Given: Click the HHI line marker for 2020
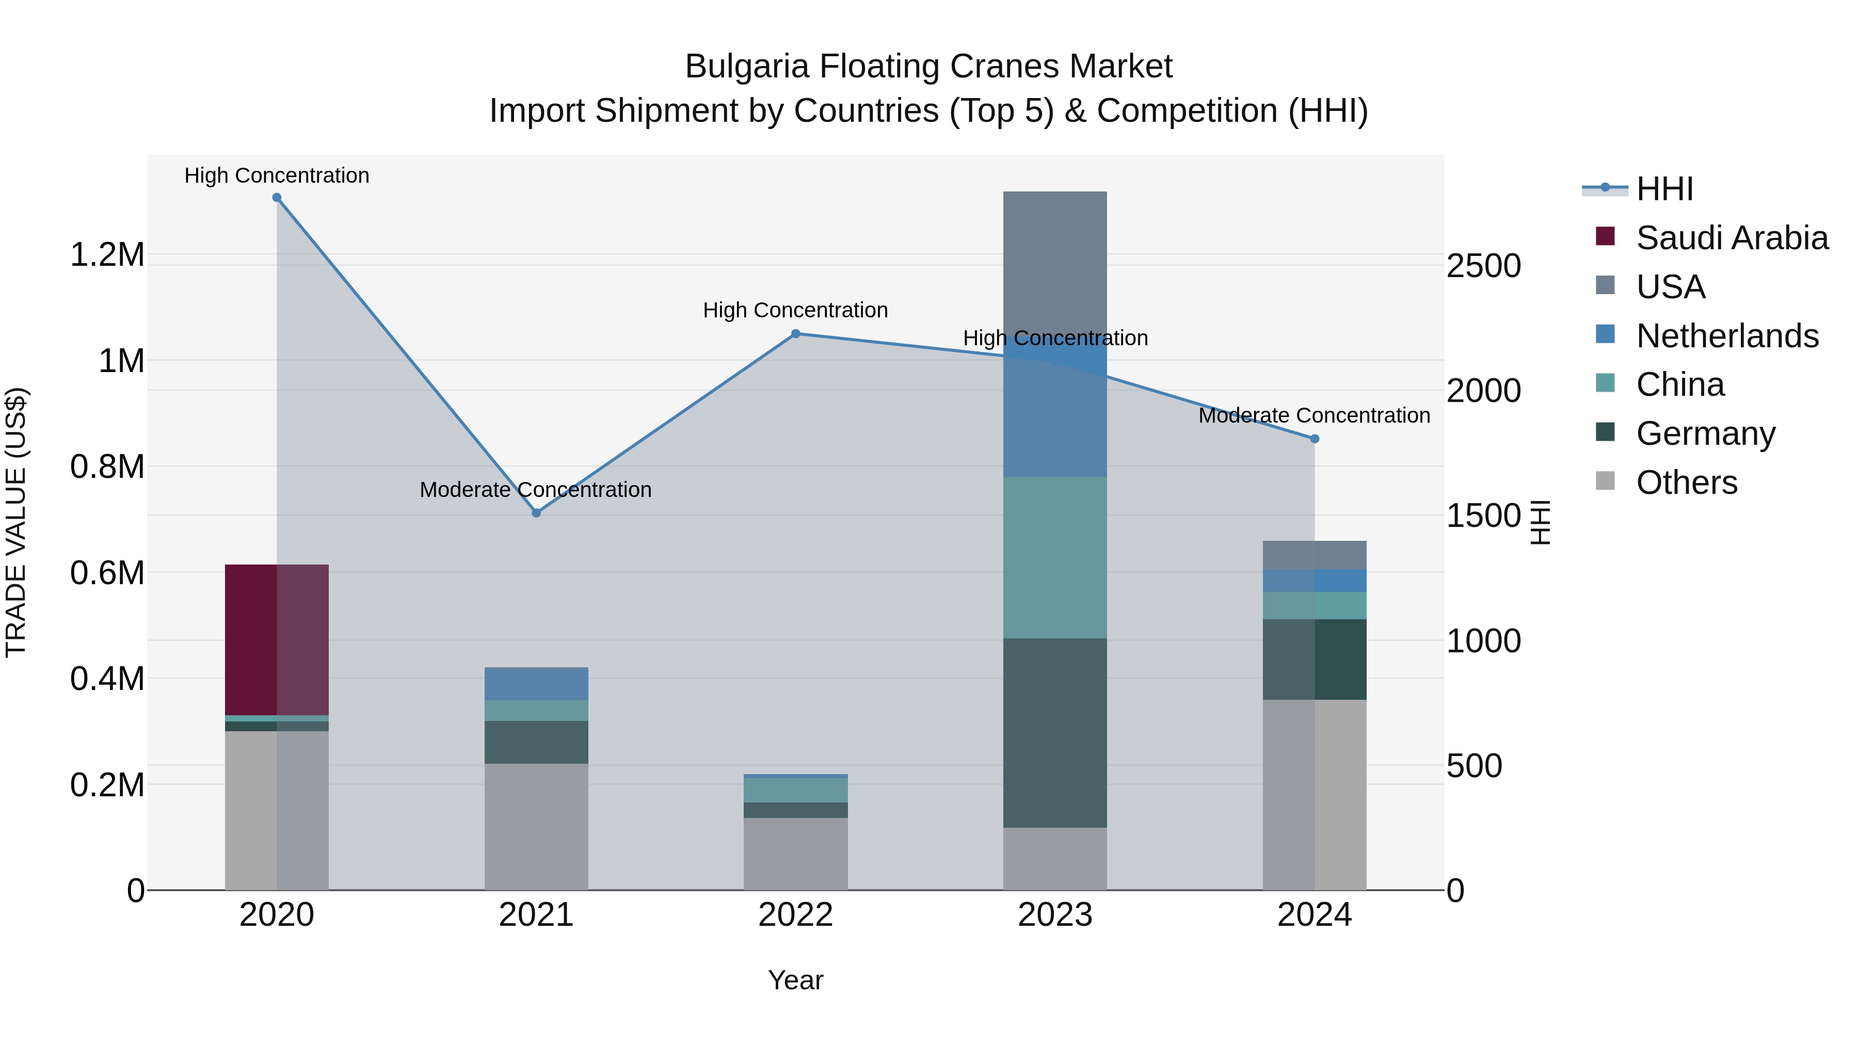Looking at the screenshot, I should coord(277,198).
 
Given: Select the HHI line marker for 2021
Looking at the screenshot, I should coord(536,513).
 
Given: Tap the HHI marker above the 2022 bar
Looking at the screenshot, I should coord(795,334).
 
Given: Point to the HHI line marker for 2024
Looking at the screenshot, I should coord(1314,439).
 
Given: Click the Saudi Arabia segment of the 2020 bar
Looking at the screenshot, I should coord(277,640).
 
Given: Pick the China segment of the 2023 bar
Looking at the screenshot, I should coord(1054,557).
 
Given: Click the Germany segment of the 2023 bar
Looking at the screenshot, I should coord(1054,733).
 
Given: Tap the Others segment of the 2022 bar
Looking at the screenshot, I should coord(795,854).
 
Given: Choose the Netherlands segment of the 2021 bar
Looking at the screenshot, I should coord(536,684).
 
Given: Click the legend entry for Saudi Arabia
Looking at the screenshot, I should coord(1732,238).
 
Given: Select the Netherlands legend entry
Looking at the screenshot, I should coord(1727,336).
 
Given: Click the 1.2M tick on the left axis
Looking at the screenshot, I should coord(107,255).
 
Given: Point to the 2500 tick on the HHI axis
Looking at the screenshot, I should coord(1484,266).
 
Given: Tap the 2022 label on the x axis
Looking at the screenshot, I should coord(795,915).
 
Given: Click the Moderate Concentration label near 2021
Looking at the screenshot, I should coord(535,490).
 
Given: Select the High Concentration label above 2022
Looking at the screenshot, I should coord(795,310).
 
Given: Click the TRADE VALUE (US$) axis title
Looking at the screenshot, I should coord(16,522).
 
